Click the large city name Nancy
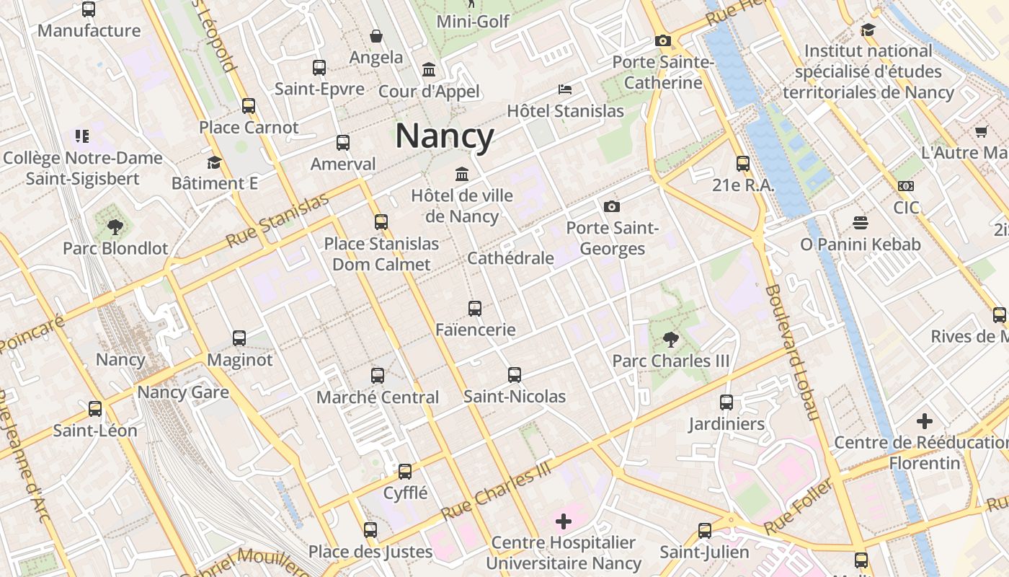pos(445,136)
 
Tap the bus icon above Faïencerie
pos(475,309)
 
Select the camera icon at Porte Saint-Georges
pos(612,207)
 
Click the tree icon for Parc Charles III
pos(670,339)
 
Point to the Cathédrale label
pos(510,258)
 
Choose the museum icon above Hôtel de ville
pos(461,175)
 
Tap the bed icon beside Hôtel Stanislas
pos(565,89)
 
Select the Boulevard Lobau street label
pos(792,352)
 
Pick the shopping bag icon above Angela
pos(375,36)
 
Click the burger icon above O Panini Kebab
pos(860,223)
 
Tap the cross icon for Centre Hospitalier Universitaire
pos(564,521)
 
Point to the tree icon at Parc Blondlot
pos(115,228)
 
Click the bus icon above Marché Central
pos(378,376)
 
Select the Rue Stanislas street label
pos(277,221)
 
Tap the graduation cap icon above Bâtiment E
pos(214,162)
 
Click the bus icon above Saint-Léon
pos(95,409)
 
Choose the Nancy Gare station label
pos(183,392)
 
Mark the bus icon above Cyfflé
pos(405,472)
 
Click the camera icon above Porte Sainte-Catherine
pos(663,41)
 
